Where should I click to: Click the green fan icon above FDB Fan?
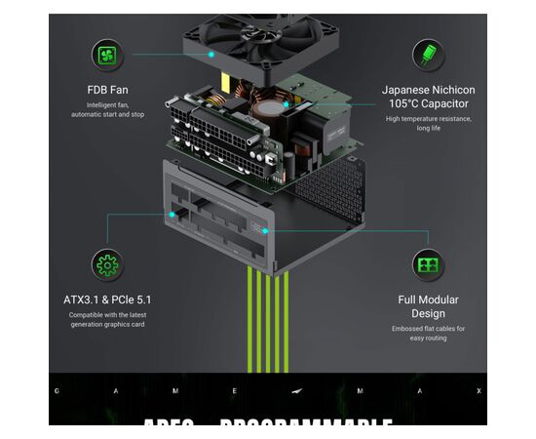[107, 55]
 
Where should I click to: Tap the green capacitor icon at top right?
[428, 55]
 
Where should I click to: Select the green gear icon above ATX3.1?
[107, 264]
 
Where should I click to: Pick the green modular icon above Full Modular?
[428, 264]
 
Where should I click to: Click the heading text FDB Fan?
[107, 90]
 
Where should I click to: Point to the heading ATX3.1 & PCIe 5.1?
[107, 299]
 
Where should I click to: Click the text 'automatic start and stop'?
[107, 115]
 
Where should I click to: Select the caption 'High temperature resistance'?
[428, 118]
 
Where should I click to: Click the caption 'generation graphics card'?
[107, 325]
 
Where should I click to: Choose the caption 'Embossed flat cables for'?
[428, 329]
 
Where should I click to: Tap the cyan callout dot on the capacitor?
[286, 103]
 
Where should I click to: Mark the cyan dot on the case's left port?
[172, 214]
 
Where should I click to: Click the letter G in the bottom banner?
[57, 391]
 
